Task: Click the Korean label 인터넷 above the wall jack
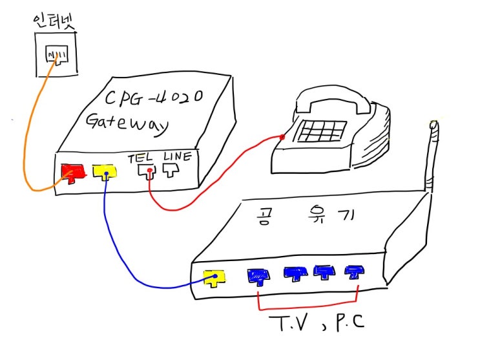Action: (54, 21)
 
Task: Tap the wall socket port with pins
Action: (57, 55)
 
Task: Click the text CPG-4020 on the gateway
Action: (154, 97)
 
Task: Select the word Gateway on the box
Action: (127, 124)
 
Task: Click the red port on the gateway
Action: (73, 173)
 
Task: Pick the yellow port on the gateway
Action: (105, 172)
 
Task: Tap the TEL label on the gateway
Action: (140, 158)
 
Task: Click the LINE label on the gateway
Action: (178, 156)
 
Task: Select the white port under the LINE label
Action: (171, 170)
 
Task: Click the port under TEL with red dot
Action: (147, 172)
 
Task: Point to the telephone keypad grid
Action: (322, 131)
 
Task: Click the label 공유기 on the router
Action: (304, 215)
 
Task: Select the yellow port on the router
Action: (215, 278)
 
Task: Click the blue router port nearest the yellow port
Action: (258, 277)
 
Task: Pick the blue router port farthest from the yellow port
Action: (354, 272)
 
